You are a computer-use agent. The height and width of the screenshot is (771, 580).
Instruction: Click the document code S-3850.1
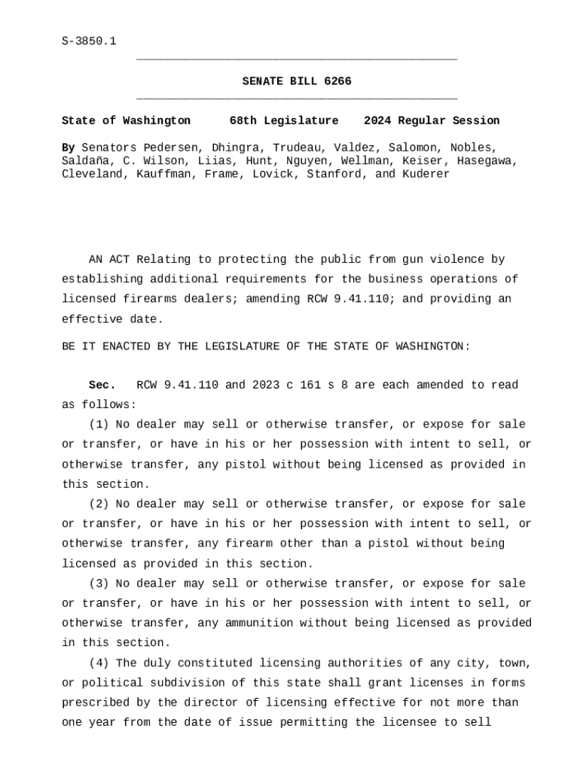(89, 41)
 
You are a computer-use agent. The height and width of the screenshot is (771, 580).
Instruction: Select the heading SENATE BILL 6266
(296, 81)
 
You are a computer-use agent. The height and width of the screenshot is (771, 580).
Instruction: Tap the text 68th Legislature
(284, 120)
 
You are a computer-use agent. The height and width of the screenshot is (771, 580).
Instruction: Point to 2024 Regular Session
(432, 120)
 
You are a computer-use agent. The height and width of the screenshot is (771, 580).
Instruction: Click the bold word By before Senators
(68, 148)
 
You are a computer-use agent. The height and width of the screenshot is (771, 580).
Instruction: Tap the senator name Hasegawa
(487, 161)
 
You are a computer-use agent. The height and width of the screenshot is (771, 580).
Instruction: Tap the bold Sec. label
(102, 385)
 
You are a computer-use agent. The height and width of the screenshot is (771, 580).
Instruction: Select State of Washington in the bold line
(126, 120)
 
